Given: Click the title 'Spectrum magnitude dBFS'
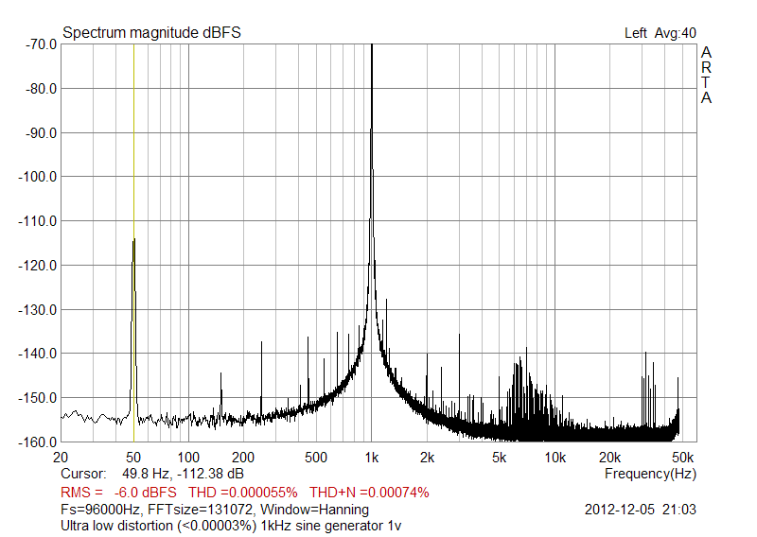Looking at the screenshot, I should (151, 32).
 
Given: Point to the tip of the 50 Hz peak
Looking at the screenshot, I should (133, 240).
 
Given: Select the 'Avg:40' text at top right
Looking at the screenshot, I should (676, 33).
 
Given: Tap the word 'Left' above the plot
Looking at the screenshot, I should (636, 33).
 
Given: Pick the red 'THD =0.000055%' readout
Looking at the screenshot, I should (244, 492).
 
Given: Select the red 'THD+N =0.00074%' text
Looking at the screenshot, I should (369, 492).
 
